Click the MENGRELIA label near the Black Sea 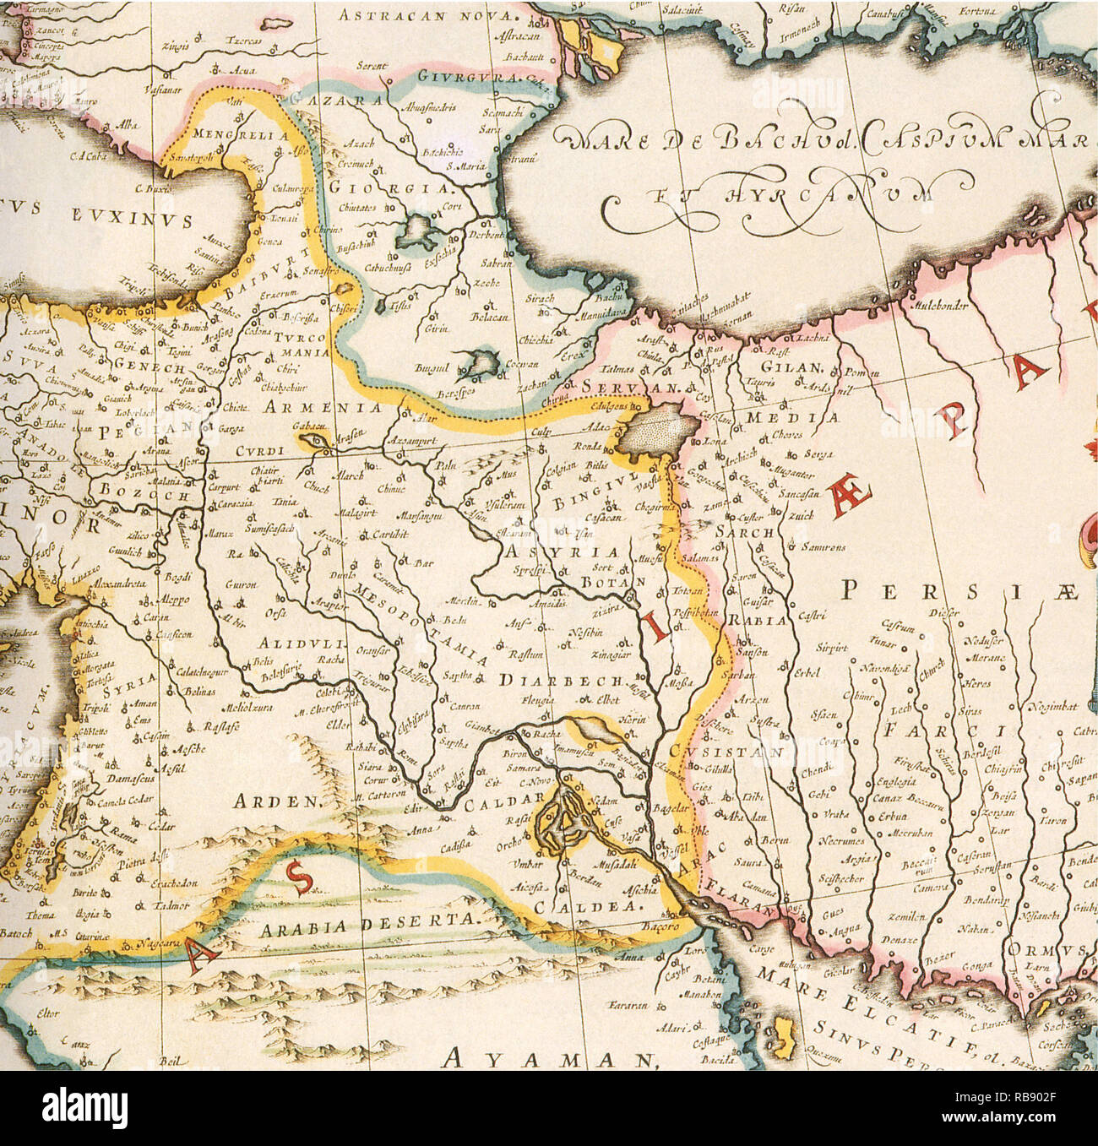tap(241, 133)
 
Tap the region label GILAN tap(791, 367)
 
